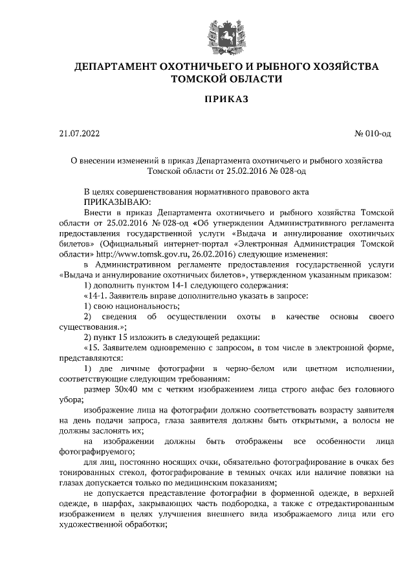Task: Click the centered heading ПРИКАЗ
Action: (226, 100)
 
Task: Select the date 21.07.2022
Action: (80, 134)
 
